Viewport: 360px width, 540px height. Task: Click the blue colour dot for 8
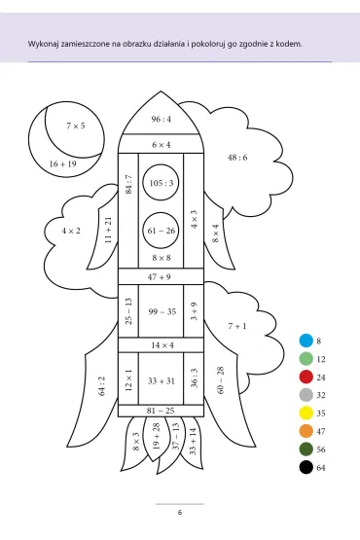[306, 341]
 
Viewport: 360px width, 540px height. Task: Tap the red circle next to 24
[306, 377]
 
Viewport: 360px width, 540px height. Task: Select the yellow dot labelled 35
[306, 413]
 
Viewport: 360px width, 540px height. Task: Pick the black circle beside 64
[306, 467]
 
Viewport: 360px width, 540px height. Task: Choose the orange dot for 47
[306, 431]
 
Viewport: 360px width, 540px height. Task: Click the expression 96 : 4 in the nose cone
[161, 119]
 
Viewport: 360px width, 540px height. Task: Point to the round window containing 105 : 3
[161, 182]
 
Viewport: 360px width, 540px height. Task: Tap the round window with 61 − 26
[161, 230]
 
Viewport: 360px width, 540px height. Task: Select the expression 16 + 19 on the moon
[62, 163]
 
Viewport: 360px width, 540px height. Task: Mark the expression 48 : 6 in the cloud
[237, 158]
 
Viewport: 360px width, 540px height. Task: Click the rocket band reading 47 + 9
[161, 277]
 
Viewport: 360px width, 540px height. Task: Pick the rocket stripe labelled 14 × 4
[161, 345]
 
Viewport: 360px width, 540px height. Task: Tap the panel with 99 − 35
[161, 311]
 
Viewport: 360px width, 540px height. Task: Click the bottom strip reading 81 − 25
[161, 411]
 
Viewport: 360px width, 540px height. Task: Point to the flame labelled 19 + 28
[156, 438]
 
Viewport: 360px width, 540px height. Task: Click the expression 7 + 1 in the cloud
[237, 326]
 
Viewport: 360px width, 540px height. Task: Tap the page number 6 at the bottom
[180, 513]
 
